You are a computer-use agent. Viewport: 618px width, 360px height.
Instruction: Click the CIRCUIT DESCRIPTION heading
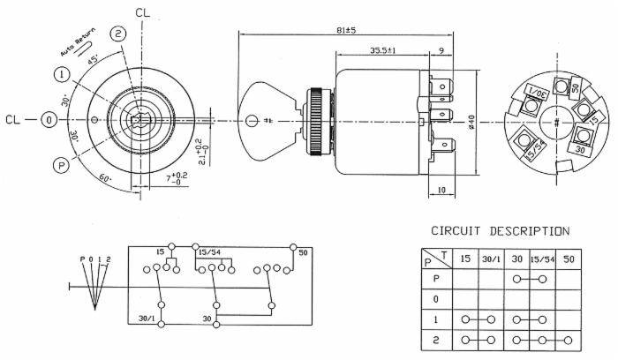[499, 231]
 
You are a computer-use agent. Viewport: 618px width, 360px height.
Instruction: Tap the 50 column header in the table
[569, 259]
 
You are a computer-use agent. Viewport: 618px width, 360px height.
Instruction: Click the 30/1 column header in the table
[491, 259]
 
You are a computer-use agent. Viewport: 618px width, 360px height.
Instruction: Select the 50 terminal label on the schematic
[305, 253]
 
